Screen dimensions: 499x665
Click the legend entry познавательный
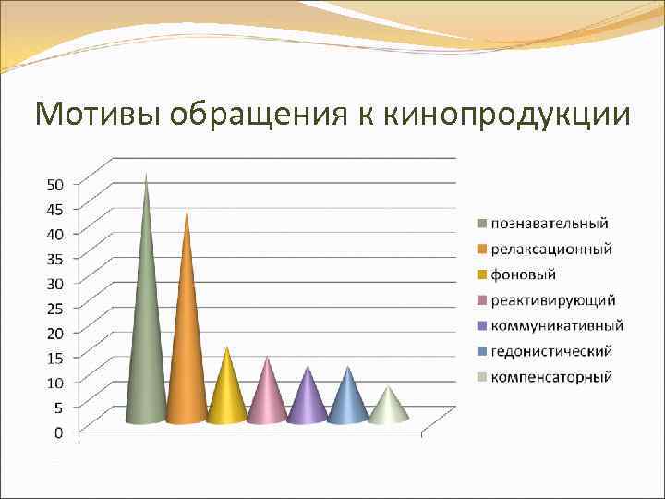549,223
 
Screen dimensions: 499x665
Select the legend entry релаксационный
550,249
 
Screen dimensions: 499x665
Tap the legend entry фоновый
523,274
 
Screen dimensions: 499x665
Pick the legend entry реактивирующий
552,300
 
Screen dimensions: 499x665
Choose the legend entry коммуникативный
556,325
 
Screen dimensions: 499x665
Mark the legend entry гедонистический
551,351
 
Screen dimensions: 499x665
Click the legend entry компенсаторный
551,377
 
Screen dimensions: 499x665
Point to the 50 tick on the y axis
55,184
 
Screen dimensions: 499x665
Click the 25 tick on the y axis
55,307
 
